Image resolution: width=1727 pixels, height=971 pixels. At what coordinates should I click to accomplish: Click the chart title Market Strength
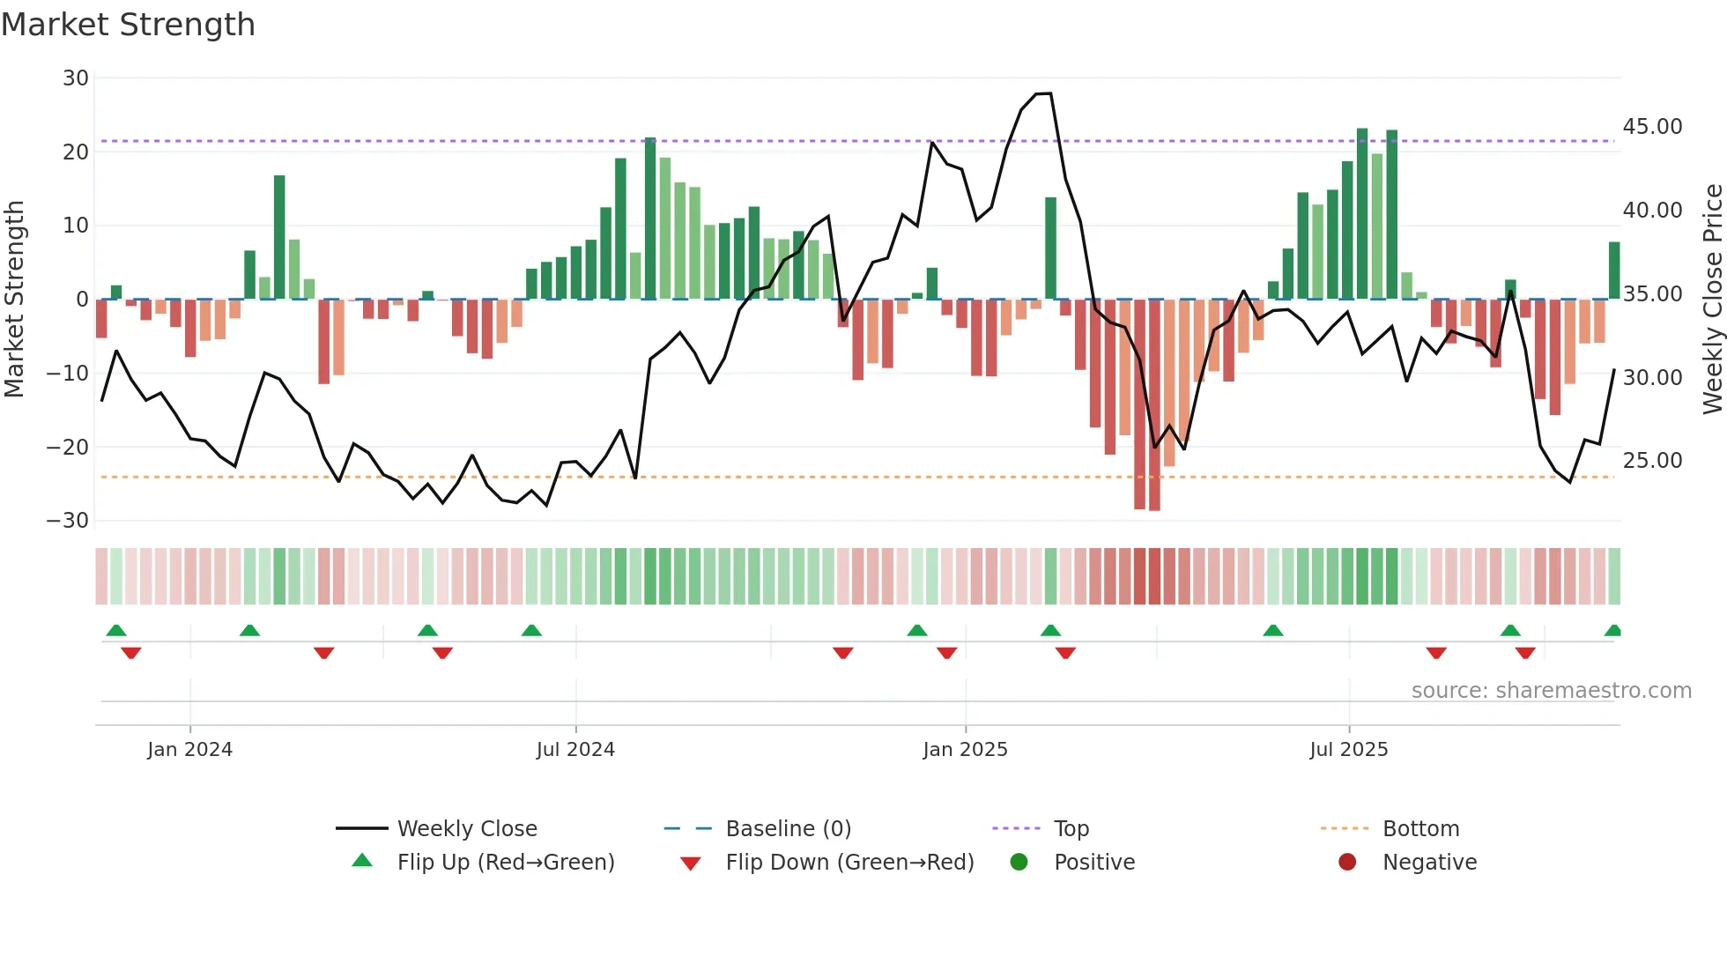click(128, 25)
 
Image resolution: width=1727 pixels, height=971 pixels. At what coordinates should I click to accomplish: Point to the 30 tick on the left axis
click(76, 78)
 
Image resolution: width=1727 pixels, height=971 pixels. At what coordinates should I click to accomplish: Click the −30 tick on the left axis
click(68, 521)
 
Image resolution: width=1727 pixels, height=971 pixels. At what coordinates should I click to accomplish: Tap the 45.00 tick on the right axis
click(1652, 127)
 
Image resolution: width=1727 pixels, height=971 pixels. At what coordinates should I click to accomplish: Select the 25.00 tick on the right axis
click(1652, 461)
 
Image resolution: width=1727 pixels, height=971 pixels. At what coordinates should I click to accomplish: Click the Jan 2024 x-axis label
click(189, 750)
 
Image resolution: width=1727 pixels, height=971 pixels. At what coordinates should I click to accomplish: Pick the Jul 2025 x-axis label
click(1348, 750)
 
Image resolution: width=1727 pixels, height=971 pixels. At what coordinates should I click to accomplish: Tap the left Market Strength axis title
click(14, 300)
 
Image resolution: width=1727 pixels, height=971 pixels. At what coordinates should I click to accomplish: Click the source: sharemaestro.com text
click(1551, 691)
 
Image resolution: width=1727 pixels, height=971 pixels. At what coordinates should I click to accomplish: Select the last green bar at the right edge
click(1614, 271)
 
